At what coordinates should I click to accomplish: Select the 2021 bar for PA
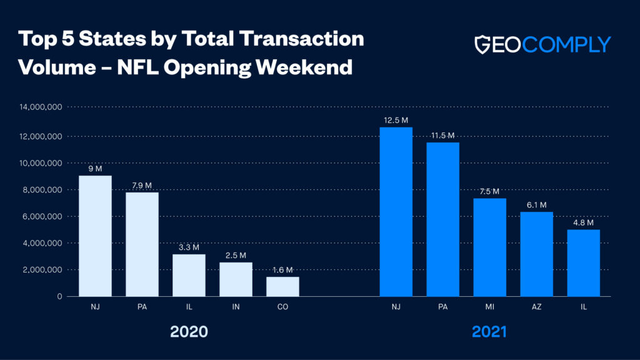[442, 219]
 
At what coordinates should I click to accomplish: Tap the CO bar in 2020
[282, 286]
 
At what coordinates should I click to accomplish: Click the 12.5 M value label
[396, 119]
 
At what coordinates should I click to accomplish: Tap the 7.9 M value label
[141, 185]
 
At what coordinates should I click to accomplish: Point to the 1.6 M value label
[282, 270]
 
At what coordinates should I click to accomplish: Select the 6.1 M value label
[536, 205]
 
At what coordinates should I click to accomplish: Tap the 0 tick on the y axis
[60, 296]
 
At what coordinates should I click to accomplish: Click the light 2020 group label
[189, 332]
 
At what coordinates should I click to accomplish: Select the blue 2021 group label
[489, 332]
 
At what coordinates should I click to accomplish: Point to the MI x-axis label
[489, 307]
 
